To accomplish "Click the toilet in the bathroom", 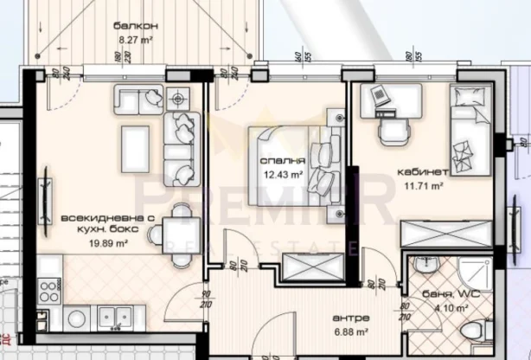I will (x=472, y=333).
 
